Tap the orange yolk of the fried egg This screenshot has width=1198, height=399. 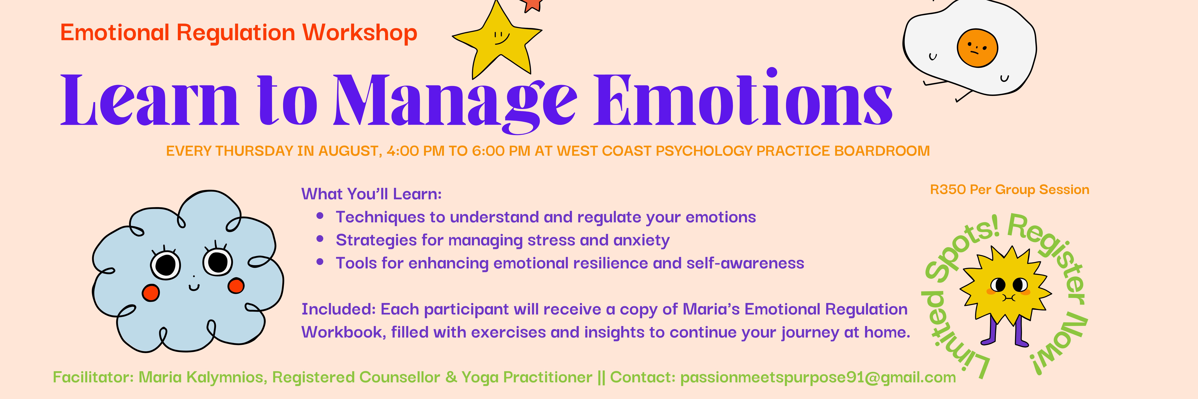click(977, 48)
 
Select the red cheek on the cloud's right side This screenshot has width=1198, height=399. click(236, 286)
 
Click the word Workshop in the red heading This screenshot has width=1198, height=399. click(359, 33)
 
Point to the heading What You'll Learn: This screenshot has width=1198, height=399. click(371, 194)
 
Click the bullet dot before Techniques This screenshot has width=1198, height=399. click(320, 216)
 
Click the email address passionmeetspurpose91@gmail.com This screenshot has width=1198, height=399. click(818, 377)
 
